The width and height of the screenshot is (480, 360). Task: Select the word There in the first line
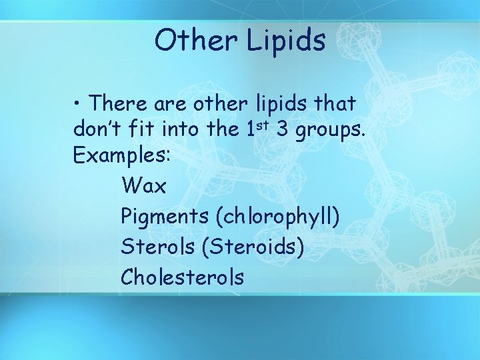pyautogui.click(x=119, y=103)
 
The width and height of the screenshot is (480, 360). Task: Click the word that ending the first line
pyautogui.click(x=336, y=103)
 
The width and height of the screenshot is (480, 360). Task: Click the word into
pyautogui.click(x=183, y=130)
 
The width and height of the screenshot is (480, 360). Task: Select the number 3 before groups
pyautogui.click(x=283, y=130)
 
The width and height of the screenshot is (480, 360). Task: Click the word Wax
pyautogui.click(x=144, y=186)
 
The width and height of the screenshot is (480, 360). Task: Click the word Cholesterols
pyautogui.click(x=183, y=277)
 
